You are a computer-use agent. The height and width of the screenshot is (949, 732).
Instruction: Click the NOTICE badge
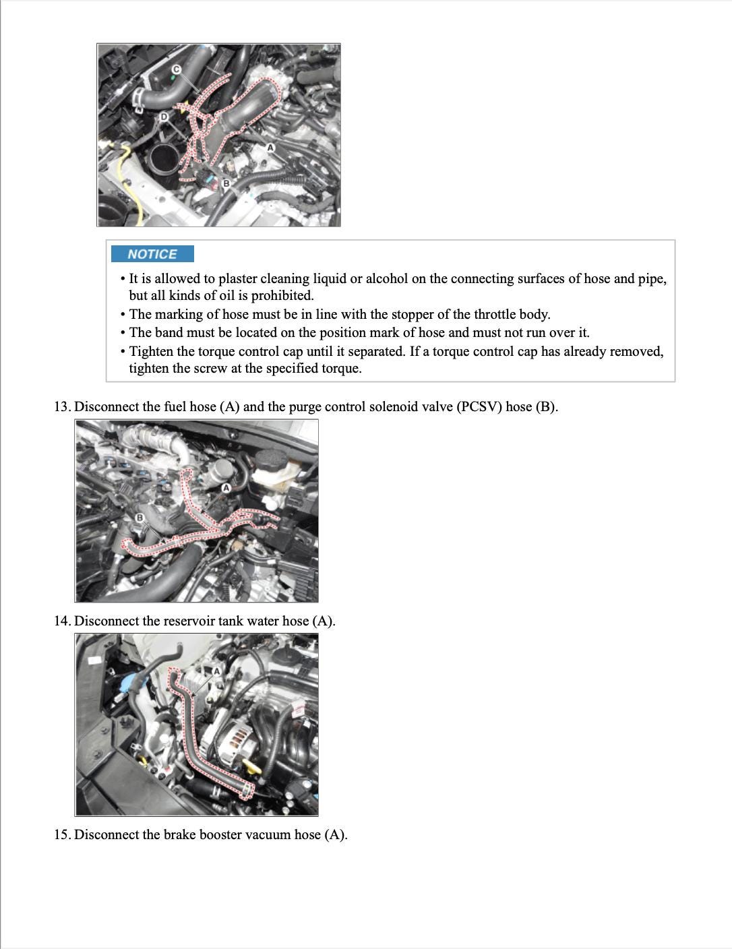(x=152, y=254)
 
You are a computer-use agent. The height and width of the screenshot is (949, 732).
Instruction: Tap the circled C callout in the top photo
(x=177, y=69)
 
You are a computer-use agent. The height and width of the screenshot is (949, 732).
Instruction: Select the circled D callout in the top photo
(x=163, y=117)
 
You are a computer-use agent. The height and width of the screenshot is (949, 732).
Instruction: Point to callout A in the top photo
(x=270, y=148)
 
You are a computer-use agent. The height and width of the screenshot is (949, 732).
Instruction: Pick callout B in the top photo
(x=226, y=183)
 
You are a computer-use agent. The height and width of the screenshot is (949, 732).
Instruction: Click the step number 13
(x=62, y=407)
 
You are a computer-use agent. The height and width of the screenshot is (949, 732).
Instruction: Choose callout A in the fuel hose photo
(x=226, y=487)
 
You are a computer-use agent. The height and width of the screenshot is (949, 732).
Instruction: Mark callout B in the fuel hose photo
(x=140, y=518)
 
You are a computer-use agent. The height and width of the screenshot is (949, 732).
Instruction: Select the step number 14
(x=62, y=621)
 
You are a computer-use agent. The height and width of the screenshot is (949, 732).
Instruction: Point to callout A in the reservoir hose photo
(x=217, y=671)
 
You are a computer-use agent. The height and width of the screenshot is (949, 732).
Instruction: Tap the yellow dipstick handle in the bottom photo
(x=252, y=766)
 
